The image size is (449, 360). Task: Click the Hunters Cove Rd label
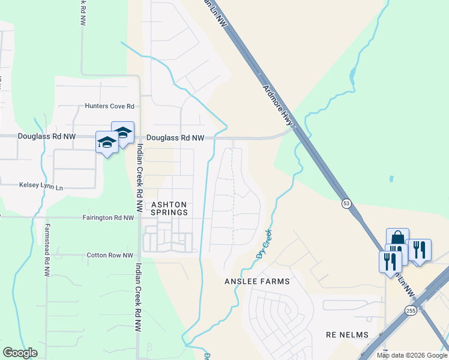coord(109,106)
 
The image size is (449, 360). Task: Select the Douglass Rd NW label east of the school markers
coord(175,137)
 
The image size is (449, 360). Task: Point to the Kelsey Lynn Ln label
coord(41,187)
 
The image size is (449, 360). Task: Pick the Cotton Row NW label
coord(110,255)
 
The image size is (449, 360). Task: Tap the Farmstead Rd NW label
coord(47,250)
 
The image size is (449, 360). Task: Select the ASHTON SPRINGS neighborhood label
coord(169,208)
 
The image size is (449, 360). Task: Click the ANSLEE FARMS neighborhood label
coord(257,281)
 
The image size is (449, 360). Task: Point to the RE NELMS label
coord(346,334)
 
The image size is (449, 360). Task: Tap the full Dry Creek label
coord(264,243)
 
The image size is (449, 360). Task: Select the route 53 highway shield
coord(346,203)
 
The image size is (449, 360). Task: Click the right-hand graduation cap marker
coord(123,132)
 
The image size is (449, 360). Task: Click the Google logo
coord(20,353)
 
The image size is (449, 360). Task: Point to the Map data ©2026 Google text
coord(411,355)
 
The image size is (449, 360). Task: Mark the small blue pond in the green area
coord(391,179)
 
